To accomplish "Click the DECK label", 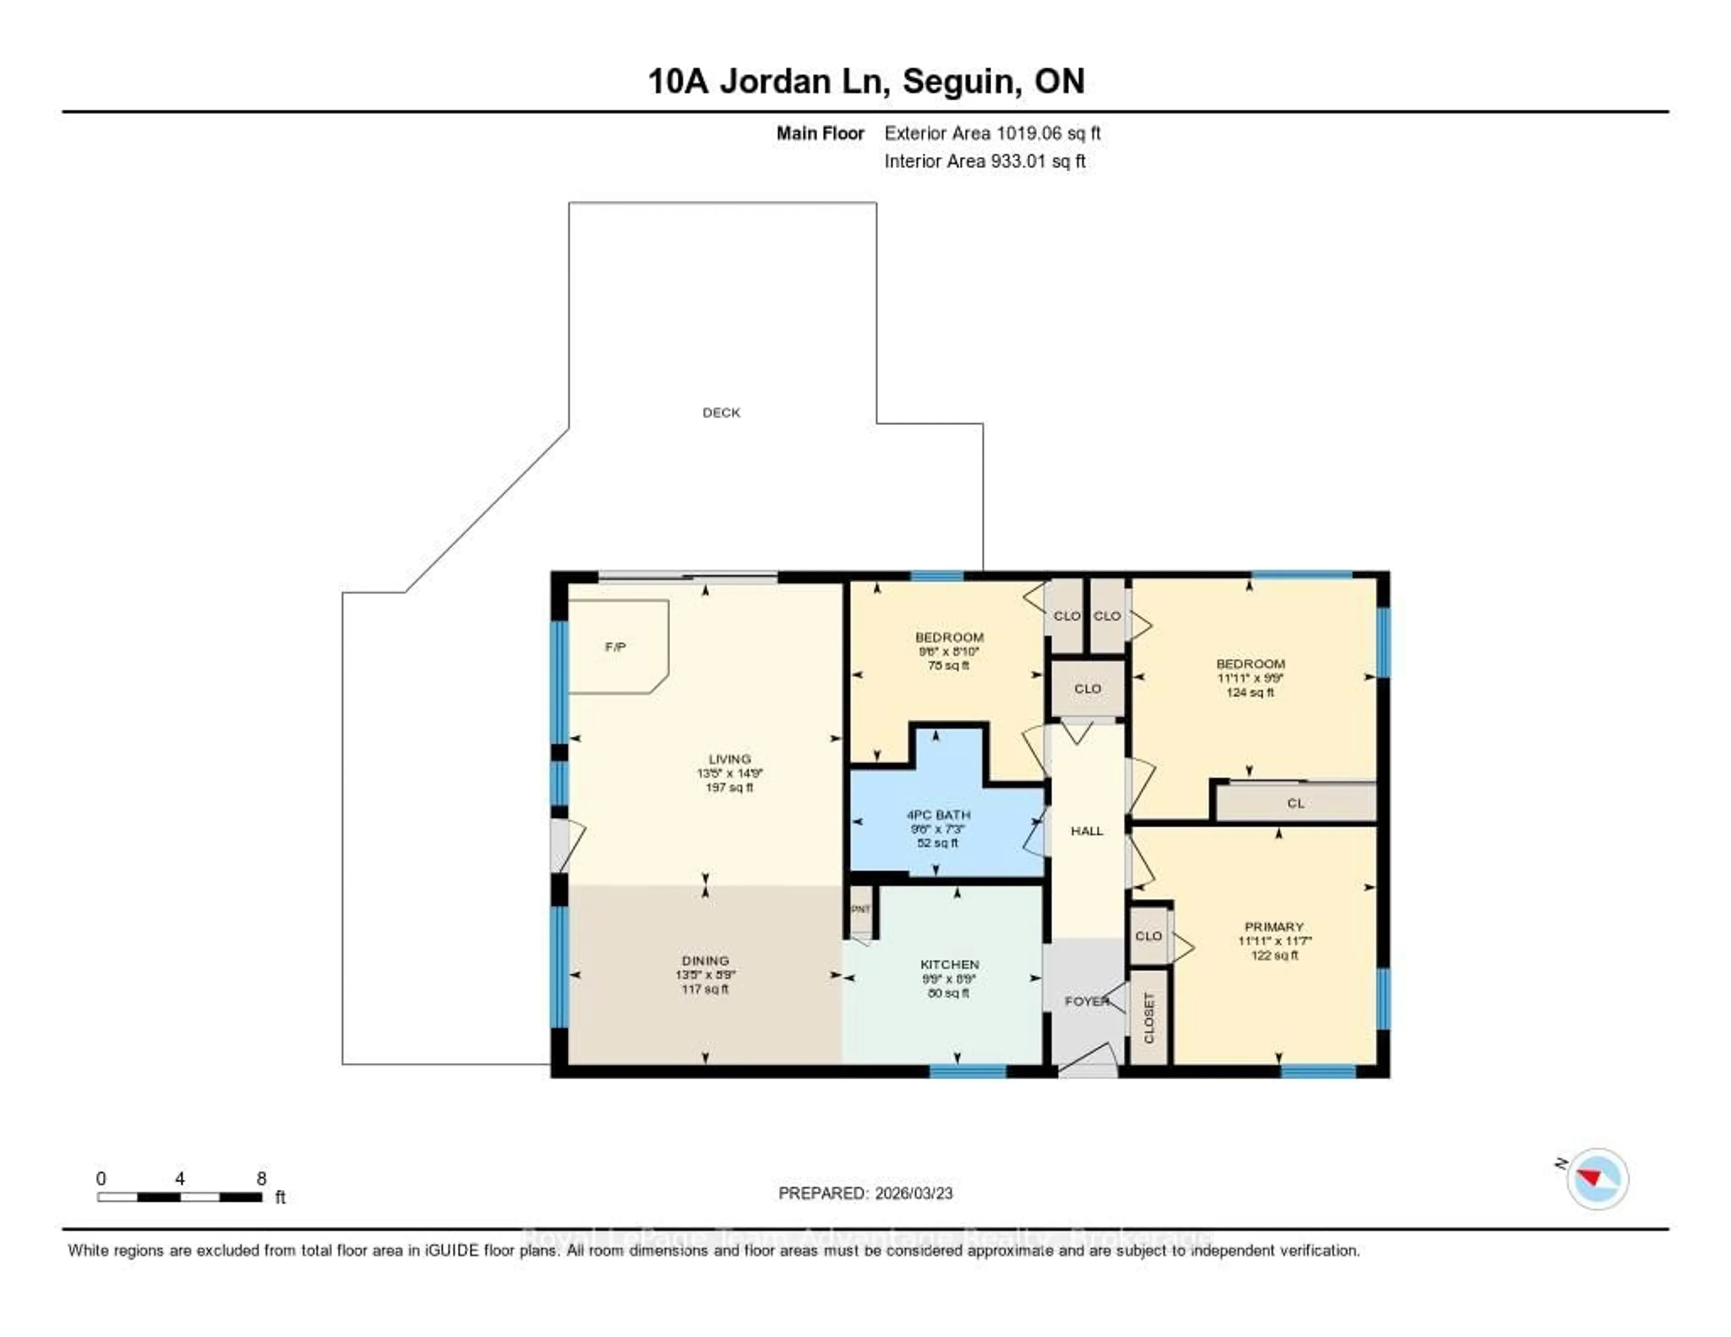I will (x=721, y=412).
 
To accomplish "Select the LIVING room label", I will (x=729, y=759).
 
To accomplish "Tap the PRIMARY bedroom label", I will (x=1273, y=926).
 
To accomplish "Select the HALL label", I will (x=1087, y=831).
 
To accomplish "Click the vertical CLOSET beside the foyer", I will (x=1149, y=1017).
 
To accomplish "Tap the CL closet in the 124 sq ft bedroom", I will (x=1295, y=803).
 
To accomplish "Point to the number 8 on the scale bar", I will (x=261, y=1178).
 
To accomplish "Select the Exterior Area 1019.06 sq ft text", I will (x=992, y=133).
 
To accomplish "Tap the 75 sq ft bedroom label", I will (x=949, y=637).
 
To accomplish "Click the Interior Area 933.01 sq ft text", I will (x=985, y=161).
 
